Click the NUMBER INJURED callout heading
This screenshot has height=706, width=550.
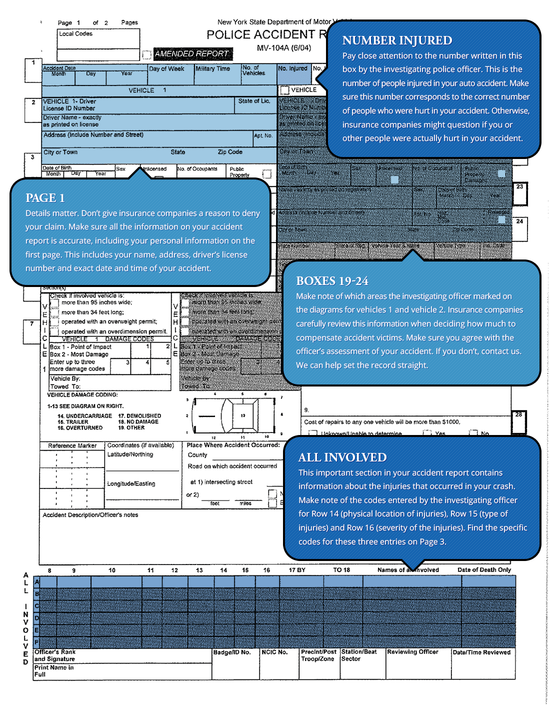coord(397,40)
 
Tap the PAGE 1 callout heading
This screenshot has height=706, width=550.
coord(45,198)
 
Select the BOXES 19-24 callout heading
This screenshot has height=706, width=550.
coord(332,281)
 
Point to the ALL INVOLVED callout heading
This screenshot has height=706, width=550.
coord(342,457)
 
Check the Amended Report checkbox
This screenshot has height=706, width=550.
coord(146,54)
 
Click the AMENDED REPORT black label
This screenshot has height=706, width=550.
coord(191,53)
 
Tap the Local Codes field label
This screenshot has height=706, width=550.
coord(75,34)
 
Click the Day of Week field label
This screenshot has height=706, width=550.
coord(166,69)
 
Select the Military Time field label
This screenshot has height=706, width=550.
coord(212,69)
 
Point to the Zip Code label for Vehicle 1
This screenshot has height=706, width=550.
coord(230,152)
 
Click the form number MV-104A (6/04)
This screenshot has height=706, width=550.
coord(284,48)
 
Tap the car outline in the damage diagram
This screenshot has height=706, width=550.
coord(234,415)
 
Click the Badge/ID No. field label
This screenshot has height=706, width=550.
coord(232,652)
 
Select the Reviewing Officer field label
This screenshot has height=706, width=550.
coord(412,652)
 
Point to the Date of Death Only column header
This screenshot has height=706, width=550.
coord(484,570)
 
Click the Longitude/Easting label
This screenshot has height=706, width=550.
coord(131,484)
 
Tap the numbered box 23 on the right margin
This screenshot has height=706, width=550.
coord(520,194)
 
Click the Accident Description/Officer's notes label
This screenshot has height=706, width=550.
coord(90,515)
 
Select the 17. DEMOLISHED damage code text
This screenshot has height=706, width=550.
coord(139,416)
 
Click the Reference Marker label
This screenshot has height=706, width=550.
coord(72,446)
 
